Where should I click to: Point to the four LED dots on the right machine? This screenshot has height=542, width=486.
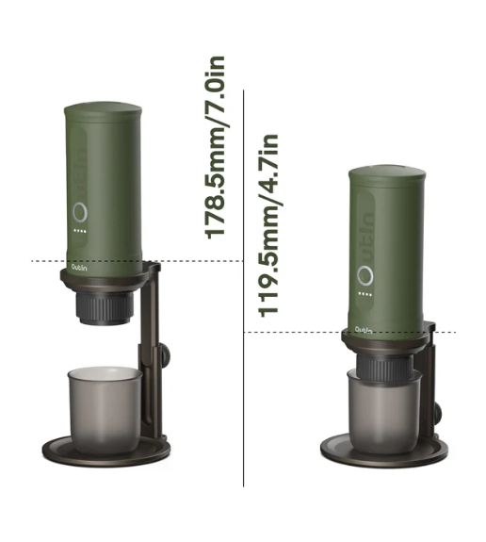[x=364, y=304]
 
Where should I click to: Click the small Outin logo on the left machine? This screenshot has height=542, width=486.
[x=78, y=266]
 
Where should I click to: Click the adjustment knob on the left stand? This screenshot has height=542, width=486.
[x=164, y=354]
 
